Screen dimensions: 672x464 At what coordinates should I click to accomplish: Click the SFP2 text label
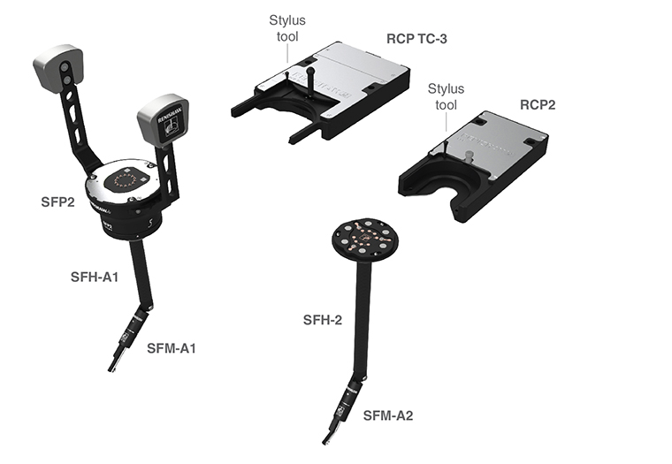(57, 202)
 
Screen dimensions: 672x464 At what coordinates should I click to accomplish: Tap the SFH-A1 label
(95, 278)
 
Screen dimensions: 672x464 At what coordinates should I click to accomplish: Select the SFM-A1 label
(172, 348)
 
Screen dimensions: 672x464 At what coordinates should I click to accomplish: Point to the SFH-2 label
(323, 320)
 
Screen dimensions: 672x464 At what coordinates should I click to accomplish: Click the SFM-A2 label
(388, 415)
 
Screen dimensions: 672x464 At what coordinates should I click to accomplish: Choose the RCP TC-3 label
(416, 39)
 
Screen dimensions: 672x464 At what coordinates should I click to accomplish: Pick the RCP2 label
(538, 105)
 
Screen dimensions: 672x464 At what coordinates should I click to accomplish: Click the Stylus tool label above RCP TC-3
(287, 28)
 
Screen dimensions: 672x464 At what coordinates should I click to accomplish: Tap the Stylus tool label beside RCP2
(446, 97)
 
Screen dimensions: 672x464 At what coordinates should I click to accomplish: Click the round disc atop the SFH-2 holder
(364, 240)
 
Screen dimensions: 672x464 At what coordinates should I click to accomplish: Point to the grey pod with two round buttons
(58, 68)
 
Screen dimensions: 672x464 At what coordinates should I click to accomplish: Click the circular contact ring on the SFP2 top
(126, 179)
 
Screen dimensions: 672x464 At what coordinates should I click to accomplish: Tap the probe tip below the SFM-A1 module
(114, 365)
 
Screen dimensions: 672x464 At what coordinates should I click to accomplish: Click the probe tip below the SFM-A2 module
(329, 437)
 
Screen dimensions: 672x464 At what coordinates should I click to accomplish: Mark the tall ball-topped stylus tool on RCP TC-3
(310, 82)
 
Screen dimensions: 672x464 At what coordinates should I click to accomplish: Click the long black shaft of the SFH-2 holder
(363, 319)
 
